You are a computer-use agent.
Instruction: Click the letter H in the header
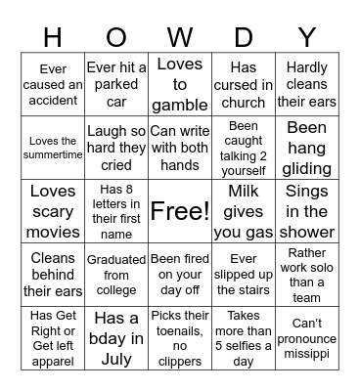click(x=53, y=37)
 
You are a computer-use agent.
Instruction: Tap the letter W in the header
click(x=180, y=37)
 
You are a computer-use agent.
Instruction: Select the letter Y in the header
click(x=307, y=37)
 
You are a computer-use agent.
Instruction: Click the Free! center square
click(x=180, y=211)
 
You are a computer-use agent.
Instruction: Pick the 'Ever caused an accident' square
click(x=53, y=84)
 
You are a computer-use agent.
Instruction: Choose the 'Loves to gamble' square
click(x=180, y=84)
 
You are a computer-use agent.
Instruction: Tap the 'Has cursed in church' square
click(x=244, y=84)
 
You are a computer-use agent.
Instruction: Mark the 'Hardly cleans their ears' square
click(x=307, y=84)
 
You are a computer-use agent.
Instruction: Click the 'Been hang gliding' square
click(x=307, y=148)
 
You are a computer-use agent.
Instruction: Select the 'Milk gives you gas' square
click(x=244, y=211)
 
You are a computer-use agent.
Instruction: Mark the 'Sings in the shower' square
click(x=307, y=211)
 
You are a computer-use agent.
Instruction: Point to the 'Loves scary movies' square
click(x=53, y=211)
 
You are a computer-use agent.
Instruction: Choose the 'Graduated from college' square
click(x=116, y=275)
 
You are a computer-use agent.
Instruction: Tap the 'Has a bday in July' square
click(x=116, y=338)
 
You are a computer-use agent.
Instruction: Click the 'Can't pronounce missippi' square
click(x=307, y=338)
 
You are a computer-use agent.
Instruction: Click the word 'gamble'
click(x=180, y=105)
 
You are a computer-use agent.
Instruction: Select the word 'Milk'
click(x=244, y=191)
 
